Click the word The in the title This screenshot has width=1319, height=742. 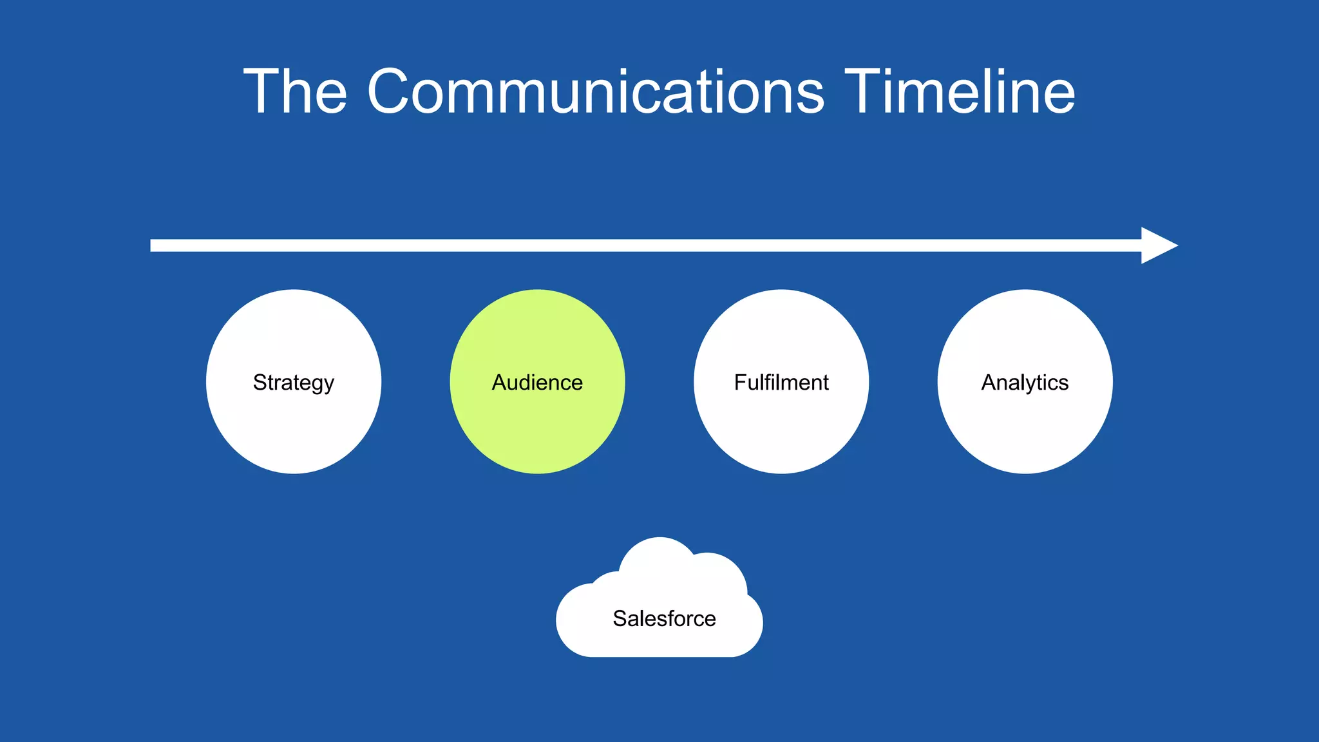point(295,91)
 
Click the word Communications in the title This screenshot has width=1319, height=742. point(595,91)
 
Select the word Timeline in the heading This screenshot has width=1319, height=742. point(960,91)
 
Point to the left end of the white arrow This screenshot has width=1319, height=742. point(155,245)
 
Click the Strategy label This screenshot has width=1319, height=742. point(294,383)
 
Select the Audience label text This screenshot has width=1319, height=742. point(537,383)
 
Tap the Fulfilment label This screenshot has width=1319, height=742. point(781,383)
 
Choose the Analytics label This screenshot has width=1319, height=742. point(1025,383)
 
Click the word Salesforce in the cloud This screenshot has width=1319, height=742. point(664,618)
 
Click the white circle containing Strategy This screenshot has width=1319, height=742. point(294,432)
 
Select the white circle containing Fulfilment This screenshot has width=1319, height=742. point(781,432)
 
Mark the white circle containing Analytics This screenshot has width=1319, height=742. point(1025,432)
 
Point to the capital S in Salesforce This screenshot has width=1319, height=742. point(620,618)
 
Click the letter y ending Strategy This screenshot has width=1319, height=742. point(329,385)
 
